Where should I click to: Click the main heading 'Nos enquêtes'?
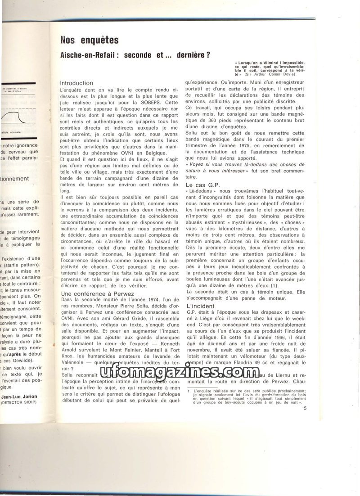click(90, 41)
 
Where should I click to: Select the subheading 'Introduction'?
click(76, 83)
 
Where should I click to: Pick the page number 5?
click(305, 408)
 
